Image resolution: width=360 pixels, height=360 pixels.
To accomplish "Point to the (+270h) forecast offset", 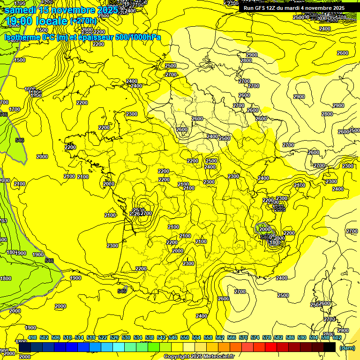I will (83, 21).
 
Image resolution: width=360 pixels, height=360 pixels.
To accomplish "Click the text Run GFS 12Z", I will (260, 7).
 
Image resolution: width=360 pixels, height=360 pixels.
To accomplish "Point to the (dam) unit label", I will (346, 348).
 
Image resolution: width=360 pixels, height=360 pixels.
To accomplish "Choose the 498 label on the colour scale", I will (32, 337).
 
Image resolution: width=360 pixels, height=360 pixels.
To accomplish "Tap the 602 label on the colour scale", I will (337, 337).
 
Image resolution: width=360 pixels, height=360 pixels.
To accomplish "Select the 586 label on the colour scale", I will (290, 337).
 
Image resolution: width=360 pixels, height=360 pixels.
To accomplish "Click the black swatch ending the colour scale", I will (330, 347).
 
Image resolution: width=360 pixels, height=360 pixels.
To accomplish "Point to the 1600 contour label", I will (30, 89).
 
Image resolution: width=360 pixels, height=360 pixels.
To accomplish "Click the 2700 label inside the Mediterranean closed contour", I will (240, 292).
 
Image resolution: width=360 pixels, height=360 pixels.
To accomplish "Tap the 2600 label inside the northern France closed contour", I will (182, 129).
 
